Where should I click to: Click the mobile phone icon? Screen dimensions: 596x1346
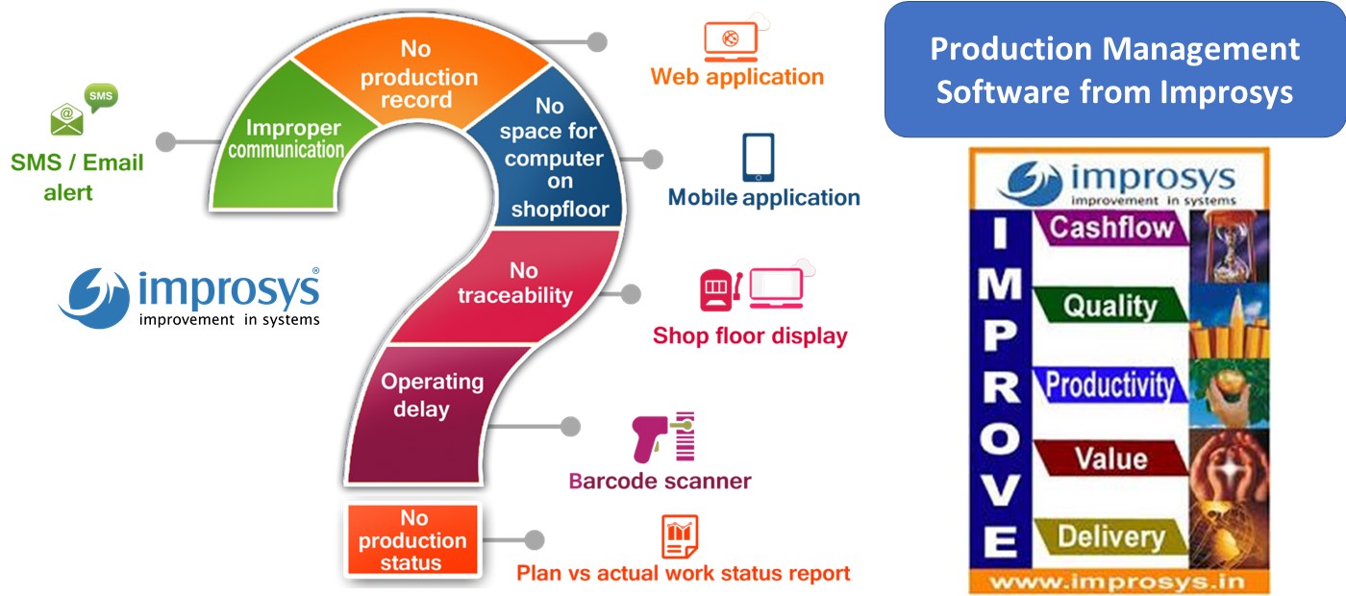click(x=758, y=158)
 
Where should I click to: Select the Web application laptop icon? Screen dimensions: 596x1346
click(x=731, y=41)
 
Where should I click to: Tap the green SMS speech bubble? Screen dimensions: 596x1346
click(x=101, y=97)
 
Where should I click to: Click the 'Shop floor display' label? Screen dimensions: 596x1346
click(x=750, y=335)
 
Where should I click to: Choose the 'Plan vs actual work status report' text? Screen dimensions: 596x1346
click(x=683, y=573)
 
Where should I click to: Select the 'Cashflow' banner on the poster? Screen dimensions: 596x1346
click(x=1111, y=229)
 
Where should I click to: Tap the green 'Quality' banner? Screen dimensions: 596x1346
click(x=1109, y=307)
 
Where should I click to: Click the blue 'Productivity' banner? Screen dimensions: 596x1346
click(x=1109, y=385)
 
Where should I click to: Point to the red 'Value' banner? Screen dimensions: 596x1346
click(x=1109, y=459)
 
